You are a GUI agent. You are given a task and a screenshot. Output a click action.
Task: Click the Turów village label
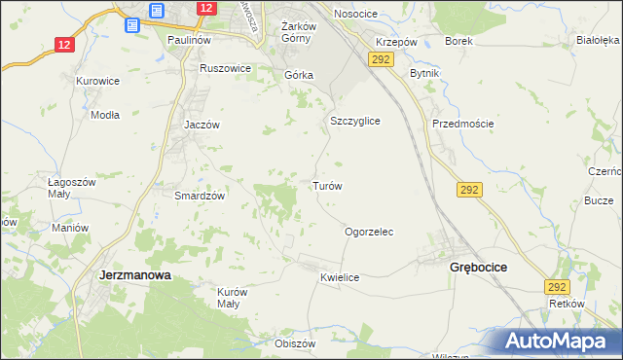pos(326,185)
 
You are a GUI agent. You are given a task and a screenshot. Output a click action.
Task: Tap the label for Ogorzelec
pos(369,233)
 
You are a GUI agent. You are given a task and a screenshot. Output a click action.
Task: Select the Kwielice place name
pos(340,277)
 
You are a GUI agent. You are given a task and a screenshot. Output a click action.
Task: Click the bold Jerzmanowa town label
pos(135,275)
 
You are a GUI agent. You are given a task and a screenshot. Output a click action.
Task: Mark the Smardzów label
pos(200,195)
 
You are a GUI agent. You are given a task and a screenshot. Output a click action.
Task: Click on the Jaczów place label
pos(203,125)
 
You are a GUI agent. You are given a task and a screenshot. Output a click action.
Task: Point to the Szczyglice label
pos(354,121)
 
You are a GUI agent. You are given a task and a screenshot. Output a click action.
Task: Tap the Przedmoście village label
pos(463,124)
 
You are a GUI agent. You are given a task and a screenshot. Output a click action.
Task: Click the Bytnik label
pos(425,74)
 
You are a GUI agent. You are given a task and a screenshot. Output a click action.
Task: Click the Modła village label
pos(104,114)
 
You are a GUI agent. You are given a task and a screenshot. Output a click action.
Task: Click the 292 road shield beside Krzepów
pos(380,60)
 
